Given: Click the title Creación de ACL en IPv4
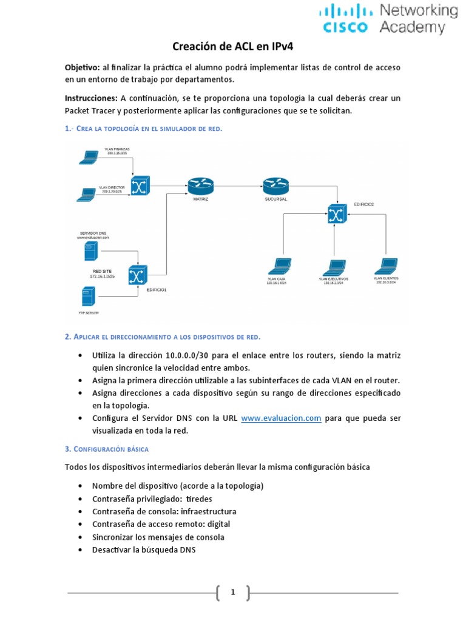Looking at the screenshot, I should (x=233, y=47).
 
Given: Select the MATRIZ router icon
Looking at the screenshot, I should (x=200, y=185).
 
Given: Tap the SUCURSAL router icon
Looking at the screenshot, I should (x=276, y=185).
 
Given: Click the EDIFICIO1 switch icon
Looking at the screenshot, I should (x=138, y=276).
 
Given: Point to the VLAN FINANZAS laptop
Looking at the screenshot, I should (x=89, y=158).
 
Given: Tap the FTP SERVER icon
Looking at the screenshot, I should (x=88, y=297).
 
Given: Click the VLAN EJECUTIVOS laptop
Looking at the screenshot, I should (x=333, y=267).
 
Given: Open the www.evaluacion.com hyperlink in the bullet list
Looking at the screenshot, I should (x=281, y=418).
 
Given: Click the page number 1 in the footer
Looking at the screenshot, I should (x=232, y=592).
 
